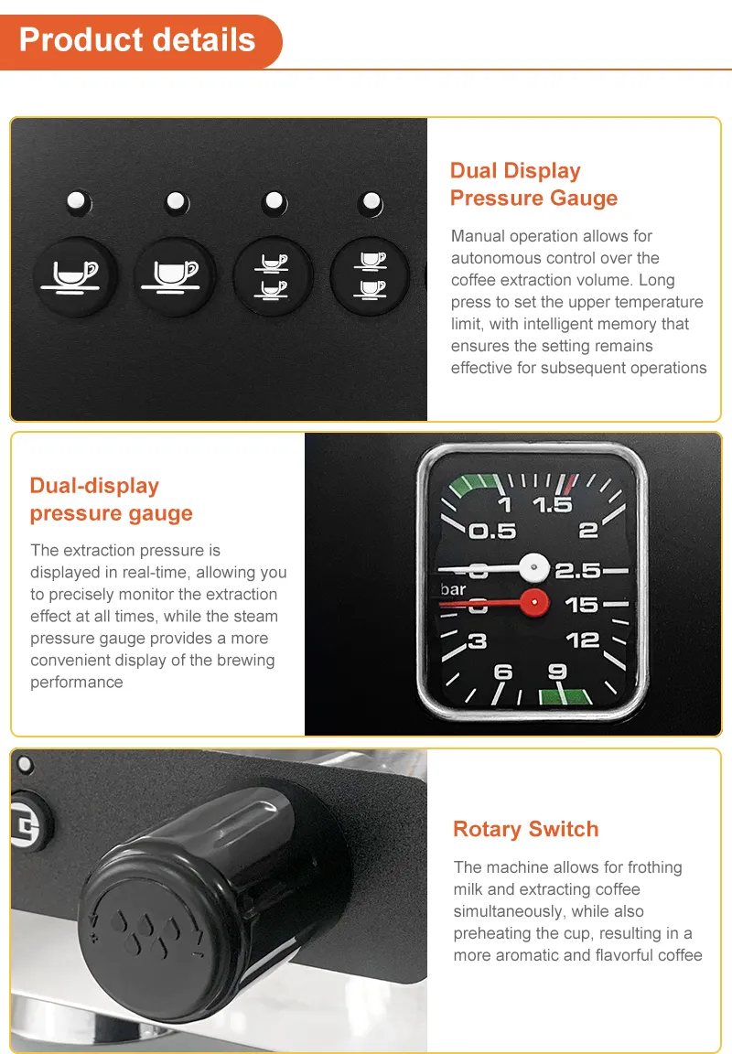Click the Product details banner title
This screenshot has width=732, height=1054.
137,39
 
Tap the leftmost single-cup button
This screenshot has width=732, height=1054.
75,276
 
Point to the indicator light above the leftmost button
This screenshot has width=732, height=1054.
78,201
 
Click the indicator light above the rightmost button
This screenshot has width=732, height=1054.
371,201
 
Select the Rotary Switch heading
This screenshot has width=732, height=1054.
525,829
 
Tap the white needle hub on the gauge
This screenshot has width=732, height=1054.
534,567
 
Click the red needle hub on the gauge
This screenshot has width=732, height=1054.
534,602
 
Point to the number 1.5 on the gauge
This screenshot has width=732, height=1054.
552,505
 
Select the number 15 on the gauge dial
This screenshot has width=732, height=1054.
582,605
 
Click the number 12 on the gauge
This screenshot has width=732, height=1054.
582,640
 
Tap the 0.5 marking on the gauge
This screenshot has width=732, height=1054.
492,532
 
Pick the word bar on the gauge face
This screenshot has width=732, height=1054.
453,589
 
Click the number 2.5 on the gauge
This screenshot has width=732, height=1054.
577,571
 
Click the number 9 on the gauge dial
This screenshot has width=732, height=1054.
557,672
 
